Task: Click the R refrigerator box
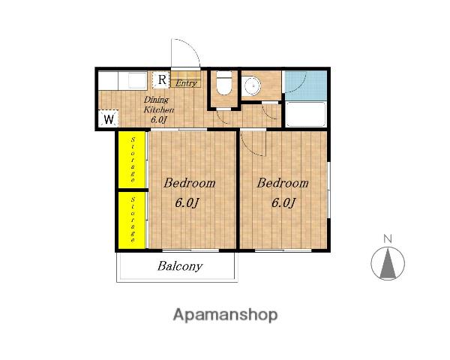click(161, 79)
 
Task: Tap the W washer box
click(109, 118)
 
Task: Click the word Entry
click(186, 83)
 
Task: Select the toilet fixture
click(223, 82)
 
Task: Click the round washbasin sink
click(252, 86)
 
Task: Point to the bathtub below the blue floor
click(306, 114)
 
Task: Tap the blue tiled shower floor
click(306, 85)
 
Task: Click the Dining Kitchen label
click(158, 109)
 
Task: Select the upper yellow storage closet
click(132, 160)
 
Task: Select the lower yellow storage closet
click(132, 220)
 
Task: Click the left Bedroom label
click(190, 183)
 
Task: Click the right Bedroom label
click(283, 183)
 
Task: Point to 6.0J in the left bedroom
click(187, 203)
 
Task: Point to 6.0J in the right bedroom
click(283, 203)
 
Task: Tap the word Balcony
click(180, 266)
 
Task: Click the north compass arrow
click(388, 263)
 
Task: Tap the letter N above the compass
click(388, 238)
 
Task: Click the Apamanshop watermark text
click(225, 315)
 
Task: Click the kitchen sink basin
click(138, 80)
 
